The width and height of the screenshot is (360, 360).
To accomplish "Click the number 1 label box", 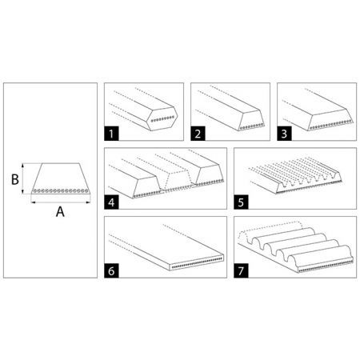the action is tap(111, 134).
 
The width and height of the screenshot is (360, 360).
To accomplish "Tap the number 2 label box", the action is tap(198, 134).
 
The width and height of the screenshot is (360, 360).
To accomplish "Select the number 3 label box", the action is tap(284, 134).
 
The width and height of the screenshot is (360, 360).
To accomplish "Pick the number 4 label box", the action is tap(111, 202).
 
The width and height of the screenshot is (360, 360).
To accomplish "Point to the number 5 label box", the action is tap(241, 202).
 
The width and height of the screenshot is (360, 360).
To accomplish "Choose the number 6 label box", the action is tap(111, 271).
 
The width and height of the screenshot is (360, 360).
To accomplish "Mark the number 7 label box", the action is tap(241, 271).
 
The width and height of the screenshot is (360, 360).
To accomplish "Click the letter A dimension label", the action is tap(60, 212).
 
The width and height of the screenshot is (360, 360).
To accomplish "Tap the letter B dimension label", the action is tap(15, 179).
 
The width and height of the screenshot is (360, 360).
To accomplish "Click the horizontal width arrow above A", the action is tap(61, 202).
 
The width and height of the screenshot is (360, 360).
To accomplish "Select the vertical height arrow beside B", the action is tap(23, 178).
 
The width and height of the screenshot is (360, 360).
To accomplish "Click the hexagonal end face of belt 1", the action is tap(162, 118).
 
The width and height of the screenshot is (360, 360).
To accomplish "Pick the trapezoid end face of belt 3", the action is tap(330, 119).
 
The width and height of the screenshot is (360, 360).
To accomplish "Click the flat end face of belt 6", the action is tap(197, 262).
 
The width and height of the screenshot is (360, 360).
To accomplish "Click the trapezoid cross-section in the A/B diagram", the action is tap(61, 178).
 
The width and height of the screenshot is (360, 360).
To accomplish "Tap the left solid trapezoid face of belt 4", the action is tap(147, 187).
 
